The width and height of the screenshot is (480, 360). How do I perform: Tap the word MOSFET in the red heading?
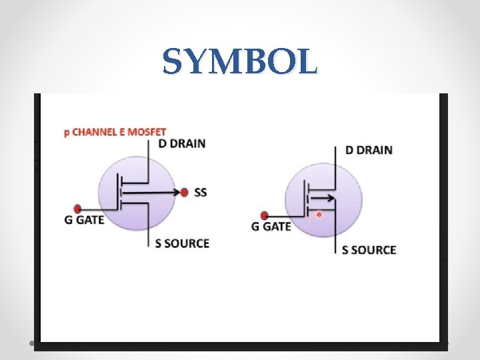[x=149, y=132]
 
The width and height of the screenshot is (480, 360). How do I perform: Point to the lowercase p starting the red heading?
[x=66, y=133]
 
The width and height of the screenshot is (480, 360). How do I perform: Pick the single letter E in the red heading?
[x=126, y=132]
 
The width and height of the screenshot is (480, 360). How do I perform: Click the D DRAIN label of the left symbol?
[x=181, y=143]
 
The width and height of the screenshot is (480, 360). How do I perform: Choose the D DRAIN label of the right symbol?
[x=369, y=150]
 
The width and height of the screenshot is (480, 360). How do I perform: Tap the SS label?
[x=201, y=193]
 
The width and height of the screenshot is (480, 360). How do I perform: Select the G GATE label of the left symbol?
[x=85, y=219]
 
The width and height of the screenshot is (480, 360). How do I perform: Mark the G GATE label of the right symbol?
[x=271, y=227]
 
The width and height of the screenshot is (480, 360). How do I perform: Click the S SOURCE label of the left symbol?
[x=182, y=243]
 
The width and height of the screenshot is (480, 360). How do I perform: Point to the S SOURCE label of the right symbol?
[x=369, y=250]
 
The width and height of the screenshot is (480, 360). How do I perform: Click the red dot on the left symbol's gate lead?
[x=77, y=207]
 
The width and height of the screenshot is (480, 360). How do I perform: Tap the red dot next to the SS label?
[x=185, y=193]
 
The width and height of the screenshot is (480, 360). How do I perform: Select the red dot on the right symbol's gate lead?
[x=265, y=215]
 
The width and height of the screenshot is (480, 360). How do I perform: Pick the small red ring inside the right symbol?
[x=319, y=215]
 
